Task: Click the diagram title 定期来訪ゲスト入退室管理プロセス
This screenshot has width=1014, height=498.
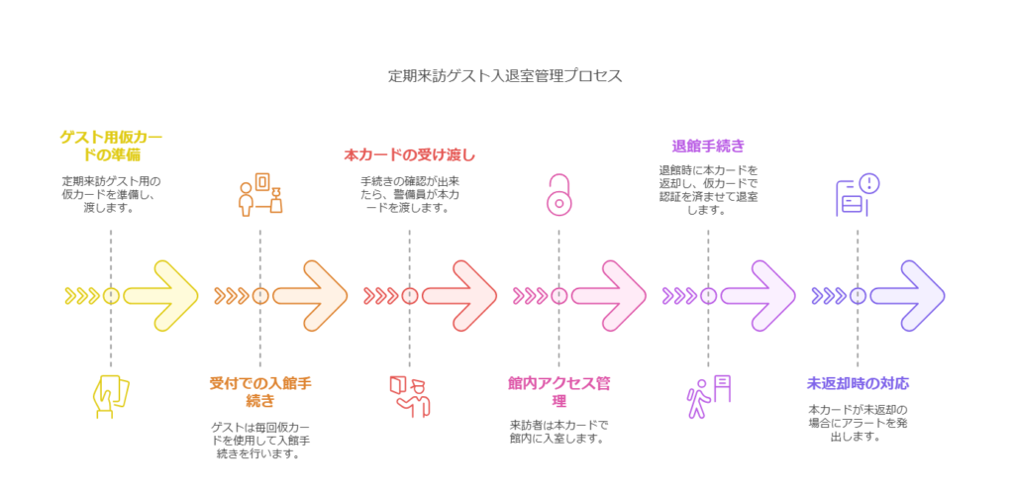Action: (506, 76)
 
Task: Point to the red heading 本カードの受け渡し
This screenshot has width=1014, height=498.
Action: (409, 155)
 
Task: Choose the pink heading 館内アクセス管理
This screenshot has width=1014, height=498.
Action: (558, 390)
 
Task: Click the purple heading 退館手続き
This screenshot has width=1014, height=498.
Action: (708, 146)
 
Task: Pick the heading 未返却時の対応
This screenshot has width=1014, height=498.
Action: (858, 383)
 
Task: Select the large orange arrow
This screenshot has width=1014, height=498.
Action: (310, 295)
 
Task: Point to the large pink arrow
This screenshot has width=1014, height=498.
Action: (609, 295)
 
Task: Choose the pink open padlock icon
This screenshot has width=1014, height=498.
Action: (558, 195)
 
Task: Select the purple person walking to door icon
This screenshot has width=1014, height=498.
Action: (708, 395)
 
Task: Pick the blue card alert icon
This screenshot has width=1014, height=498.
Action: (858, 195)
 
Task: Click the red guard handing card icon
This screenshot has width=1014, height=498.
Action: (409, 393)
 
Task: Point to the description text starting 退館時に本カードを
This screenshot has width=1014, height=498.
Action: (708, 189)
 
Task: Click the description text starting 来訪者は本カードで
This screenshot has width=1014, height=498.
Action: (558, 431)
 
